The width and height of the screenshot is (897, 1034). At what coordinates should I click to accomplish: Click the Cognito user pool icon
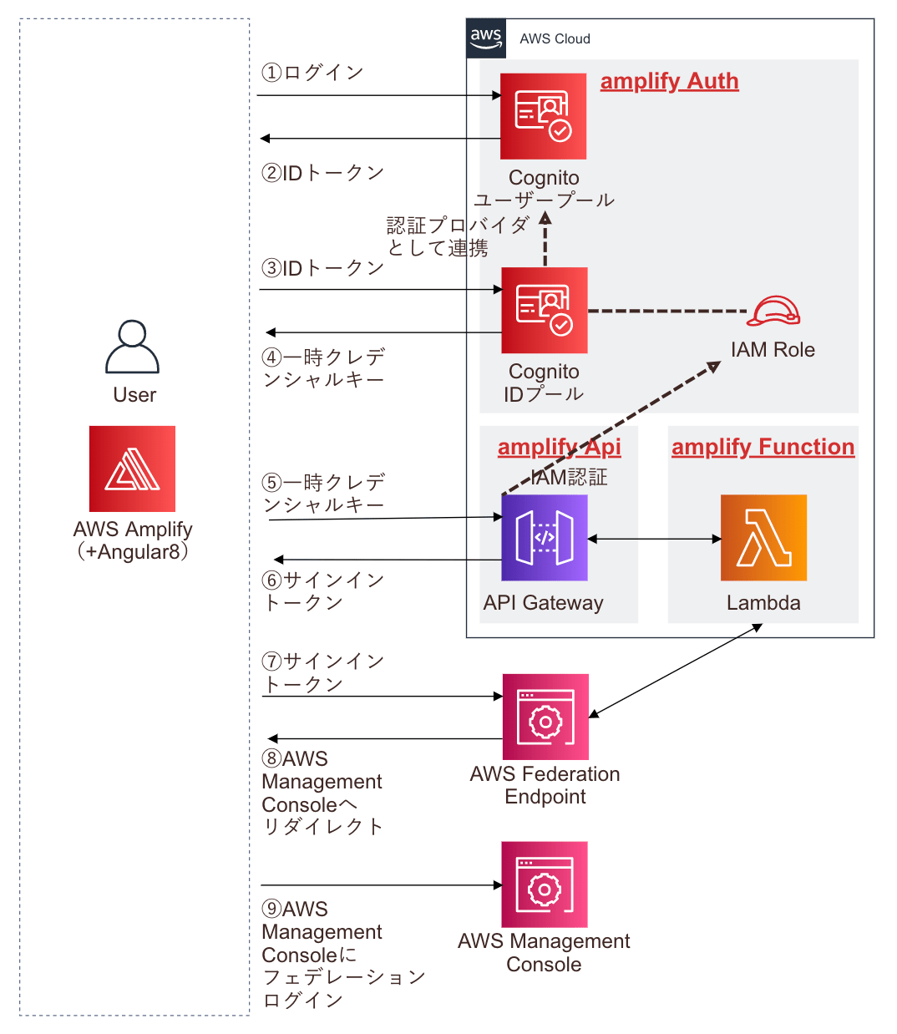coord(543,116)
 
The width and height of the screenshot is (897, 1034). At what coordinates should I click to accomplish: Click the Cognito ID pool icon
coord(544,310)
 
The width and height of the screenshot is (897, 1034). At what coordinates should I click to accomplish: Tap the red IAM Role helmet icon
coord(773,312)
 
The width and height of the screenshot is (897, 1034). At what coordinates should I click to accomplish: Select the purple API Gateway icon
coord(544,538)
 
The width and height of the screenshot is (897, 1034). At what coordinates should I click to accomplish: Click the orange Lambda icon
coord(763,538)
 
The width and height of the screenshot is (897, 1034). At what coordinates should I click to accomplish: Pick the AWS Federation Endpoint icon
coord(545,717)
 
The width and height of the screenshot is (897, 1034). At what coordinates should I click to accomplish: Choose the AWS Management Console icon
coord(544,884)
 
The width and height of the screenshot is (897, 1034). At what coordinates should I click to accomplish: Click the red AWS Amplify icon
coord(132,469)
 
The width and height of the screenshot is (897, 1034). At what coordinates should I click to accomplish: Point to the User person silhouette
coord(132,347)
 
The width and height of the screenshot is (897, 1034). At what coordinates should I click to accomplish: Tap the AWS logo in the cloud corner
coord(485,38)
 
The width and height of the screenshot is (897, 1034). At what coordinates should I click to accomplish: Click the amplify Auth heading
coord(669,81)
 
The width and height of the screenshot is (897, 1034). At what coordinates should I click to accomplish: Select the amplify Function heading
coord(763,447)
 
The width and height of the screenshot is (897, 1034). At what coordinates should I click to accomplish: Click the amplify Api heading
coord(559,447)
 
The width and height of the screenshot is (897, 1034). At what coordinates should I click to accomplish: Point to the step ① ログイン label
coord(312,73)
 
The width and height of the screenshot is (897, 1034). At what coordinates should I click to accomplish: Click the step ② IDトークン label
coord(322,173)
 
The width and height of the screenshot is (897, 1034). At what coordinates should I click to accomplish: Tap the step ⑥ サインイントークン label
coord(322,591)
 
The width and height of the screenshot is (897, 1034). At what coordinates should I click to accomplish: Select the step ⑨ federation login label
coord(342,954)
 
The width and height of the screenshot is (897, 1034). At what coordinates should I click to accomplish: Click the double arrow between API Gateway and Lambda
coord(654,539)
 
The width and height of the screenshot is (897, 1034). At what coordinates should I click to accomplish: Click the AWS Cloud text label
coord(555,39)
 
